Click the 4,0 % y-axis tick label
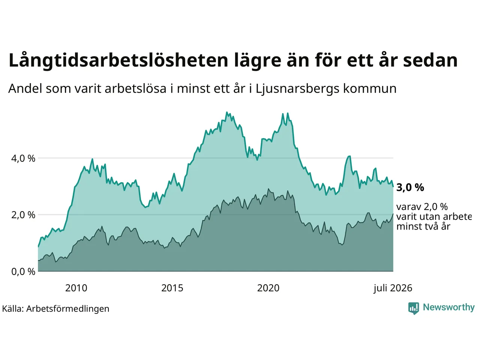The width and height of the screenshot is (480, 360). pyautogui.click(x=23, y=159)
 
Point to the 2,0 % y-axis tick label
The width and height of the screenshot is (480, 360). pyautogui.click(x=23, y=215)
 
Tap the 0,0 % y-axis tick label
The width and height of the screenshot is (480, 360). pyautogui.click(x=23, y=272)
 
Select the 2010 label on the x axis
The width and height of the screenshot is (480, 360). pyautogui.click(x=76, y=288)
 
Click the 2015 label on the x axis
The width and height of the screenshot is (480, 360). pyautogui.click(x=172, y=288)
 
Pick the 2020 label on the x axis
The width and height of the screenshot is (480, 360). pyautogui.click(x=268, y=288)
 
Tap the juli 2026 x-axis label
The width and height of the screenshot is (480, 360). pyautogui.click(x=393, y=288)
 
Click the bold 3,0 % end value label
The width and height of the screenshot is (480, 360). pyautogui.click(x=410, y=187)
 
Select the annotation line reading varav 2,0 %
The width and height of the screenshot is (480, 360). pyautogui.click(x=422, y=207)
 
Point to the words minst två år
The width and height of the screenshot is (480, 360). pyautogui.click(x=423, y=226)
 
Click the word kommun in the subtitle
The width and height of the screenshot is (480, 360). pyautogui.click(x=370, y=89)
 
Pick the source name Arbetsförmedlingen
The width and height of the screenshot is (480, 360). pyautogui.click(x=67, y=309)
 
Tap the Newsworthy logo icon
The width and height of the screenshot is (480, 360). pyautogui.click(x=414, y=308)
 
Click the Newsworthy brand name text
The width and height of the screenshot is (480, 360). pyautogui.click(x=449, y=307)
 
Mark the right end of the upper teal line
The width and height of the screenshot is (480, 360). pyautogui.click(x=393, y=187)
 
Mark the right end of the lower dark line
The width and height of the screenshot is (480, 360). pyautogui.click(x=393, y=214)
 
